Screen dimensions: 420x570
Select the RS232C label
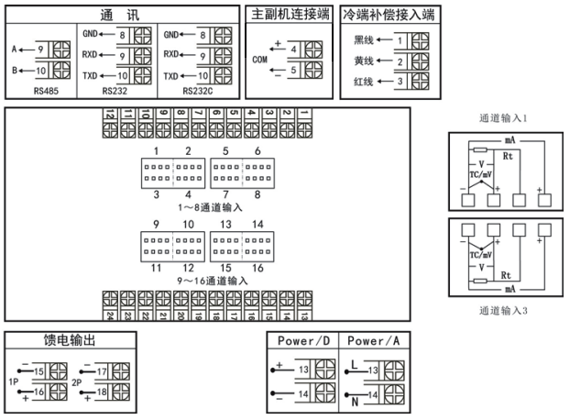[198, 92]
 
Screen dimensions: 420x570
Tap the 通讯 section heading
[119, 14]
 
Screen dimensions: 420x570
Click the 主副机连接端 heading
[290, 14]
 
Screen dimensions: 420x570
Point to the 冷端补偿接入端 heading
[388, 14]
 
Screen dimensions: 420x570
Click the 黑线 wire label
[364, 41]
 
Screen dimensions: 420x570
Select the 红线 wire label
[364, 83]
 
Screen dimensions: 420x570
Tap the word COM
[260, 57]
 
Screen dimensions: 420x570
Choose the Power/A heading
[373, 340]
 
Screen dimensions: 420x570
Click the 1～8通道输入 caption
[213, 207]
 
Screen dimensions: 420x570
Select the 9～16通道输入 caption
[211, 280]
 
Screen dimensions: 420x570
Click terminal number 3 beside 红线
[400, 83]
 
